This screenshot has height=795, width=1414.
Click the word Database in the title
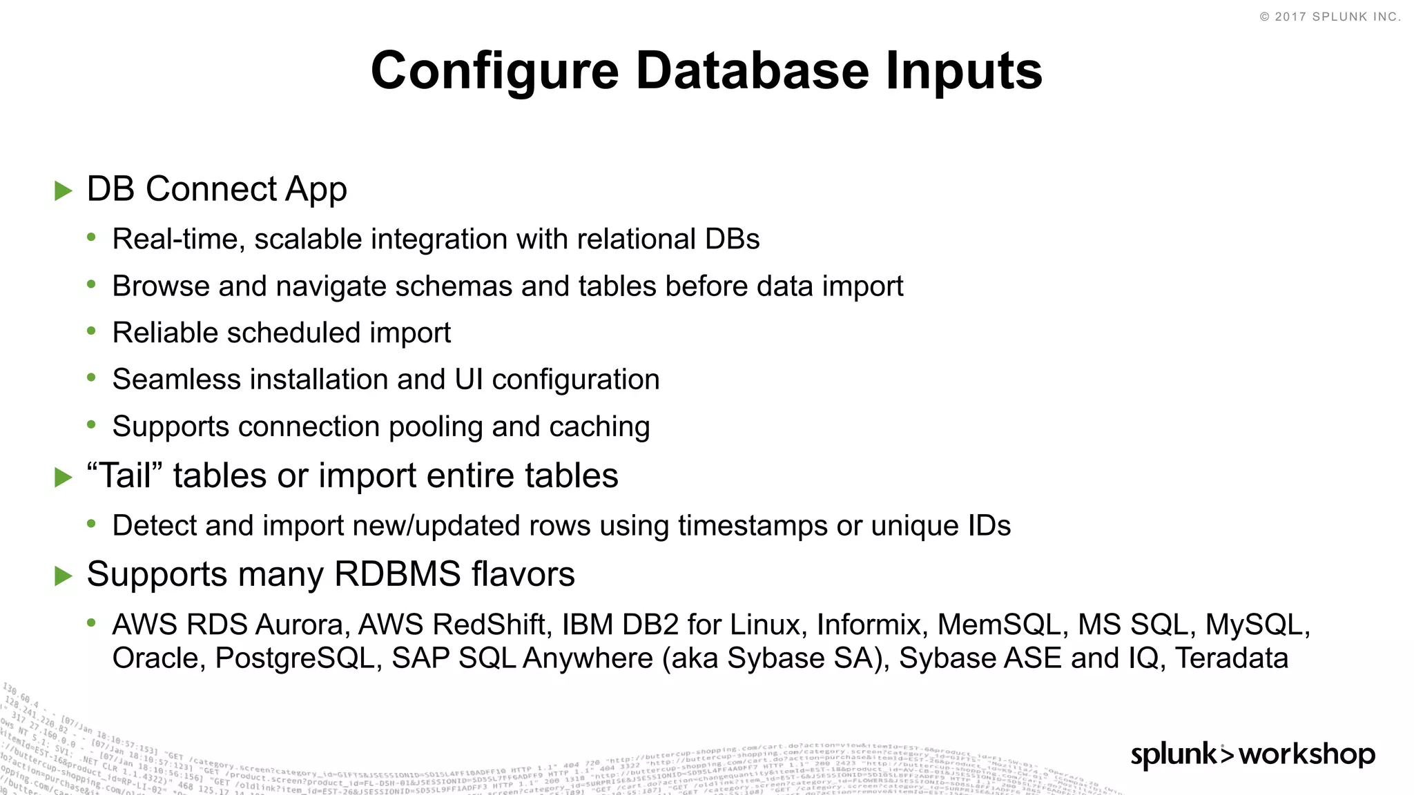pyautogui.click(x=752, y=71)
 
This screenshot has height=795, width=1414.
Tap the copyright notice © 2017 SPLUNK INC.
pyautogui.click(x=1330, y=17)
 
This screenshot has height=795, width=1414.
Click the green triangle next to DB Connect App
pyautogui.click(x=64, y=190)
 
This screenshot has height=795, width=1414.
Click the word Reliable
pyautogui.click(x=165, y=333)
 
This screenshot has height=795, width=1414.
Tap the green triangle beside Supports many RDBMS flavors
pyautogui.click(x=64, y=576)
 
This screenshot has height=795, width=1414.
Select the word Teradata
pyautogui.click(x=1232, y=658)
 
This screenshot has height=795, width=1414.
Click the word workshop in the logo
pyautogui.click(x=1307, y=754)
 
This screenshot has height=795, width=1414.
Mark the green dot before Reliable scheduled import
pyautogui.click(x=92, y=332)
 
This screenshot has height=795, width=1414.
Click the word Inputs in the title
pyautogui.click(x=964, y=71)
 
